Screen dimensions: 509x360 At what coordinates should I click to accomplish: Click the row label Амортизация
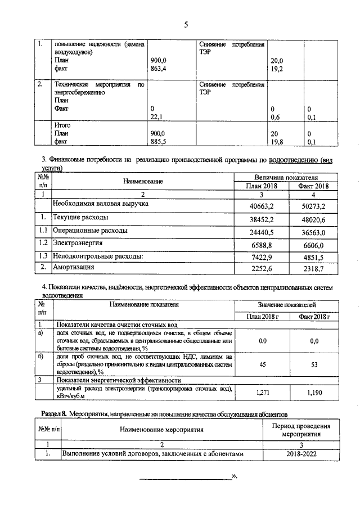coord(74,267)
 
